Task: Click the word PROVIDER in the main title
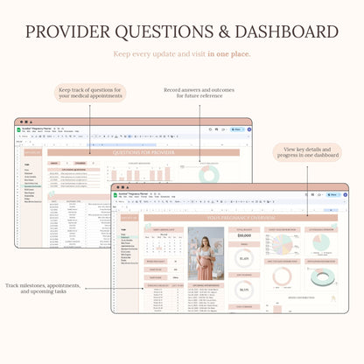coord(70,32)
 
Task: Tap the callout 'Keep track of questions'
coord(92,93)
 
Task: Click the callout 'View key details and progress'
coord(307,154)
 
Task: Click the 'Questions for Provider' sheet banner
coord(138,152)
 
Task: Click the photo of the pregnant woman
coord(206,253)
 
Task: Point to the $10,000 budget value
coord(244,237)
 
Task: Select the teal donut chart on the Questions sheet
coord(211,175)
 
